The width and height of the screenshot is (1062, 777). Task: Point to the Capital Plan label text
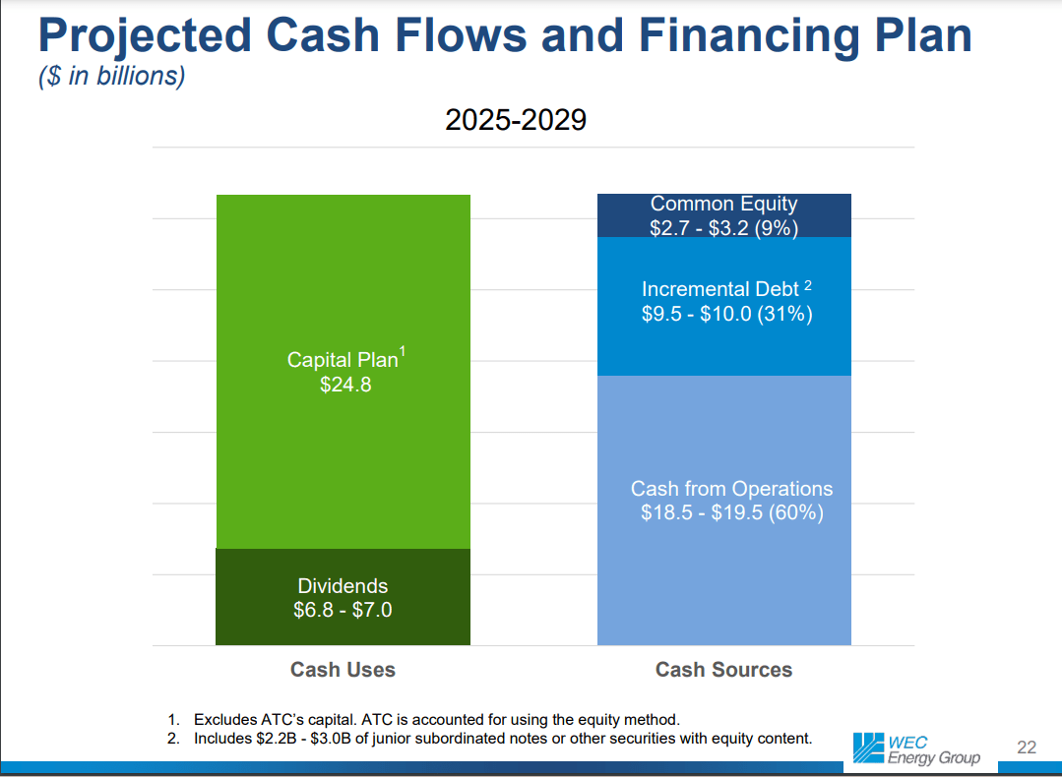(x=343, y=360)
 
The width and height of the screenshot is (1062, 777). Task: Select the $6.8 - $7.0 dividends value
(x=343, y=610)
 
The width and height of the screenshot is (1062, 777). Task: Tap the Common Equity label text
(x=723, y=204)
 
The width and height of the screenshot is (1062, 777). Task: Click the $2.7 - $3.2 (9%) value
(x=723, y=228)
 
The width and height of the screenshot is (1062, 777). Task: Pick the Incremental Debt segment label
(x=720, y=289)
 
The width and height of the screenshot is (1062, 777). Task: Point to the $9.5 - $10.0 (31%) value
(x=726, y=315)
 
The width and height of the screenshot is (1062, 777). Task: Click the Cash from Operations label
(x=731, y=489)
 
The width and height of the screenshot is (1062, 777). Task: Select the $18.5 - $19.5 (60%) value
(x=731, y=512)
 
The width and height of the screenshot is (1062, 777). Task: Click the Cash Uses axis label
(x=343, y=670)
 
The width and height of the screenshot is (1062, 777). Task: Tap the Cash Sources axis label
(x=723, y=670)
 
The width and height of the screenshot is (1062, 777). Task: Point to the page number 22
(x=1026, y=748)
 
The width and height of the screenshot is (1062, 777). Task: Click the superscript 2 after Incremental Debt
(x=808, y=285)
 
